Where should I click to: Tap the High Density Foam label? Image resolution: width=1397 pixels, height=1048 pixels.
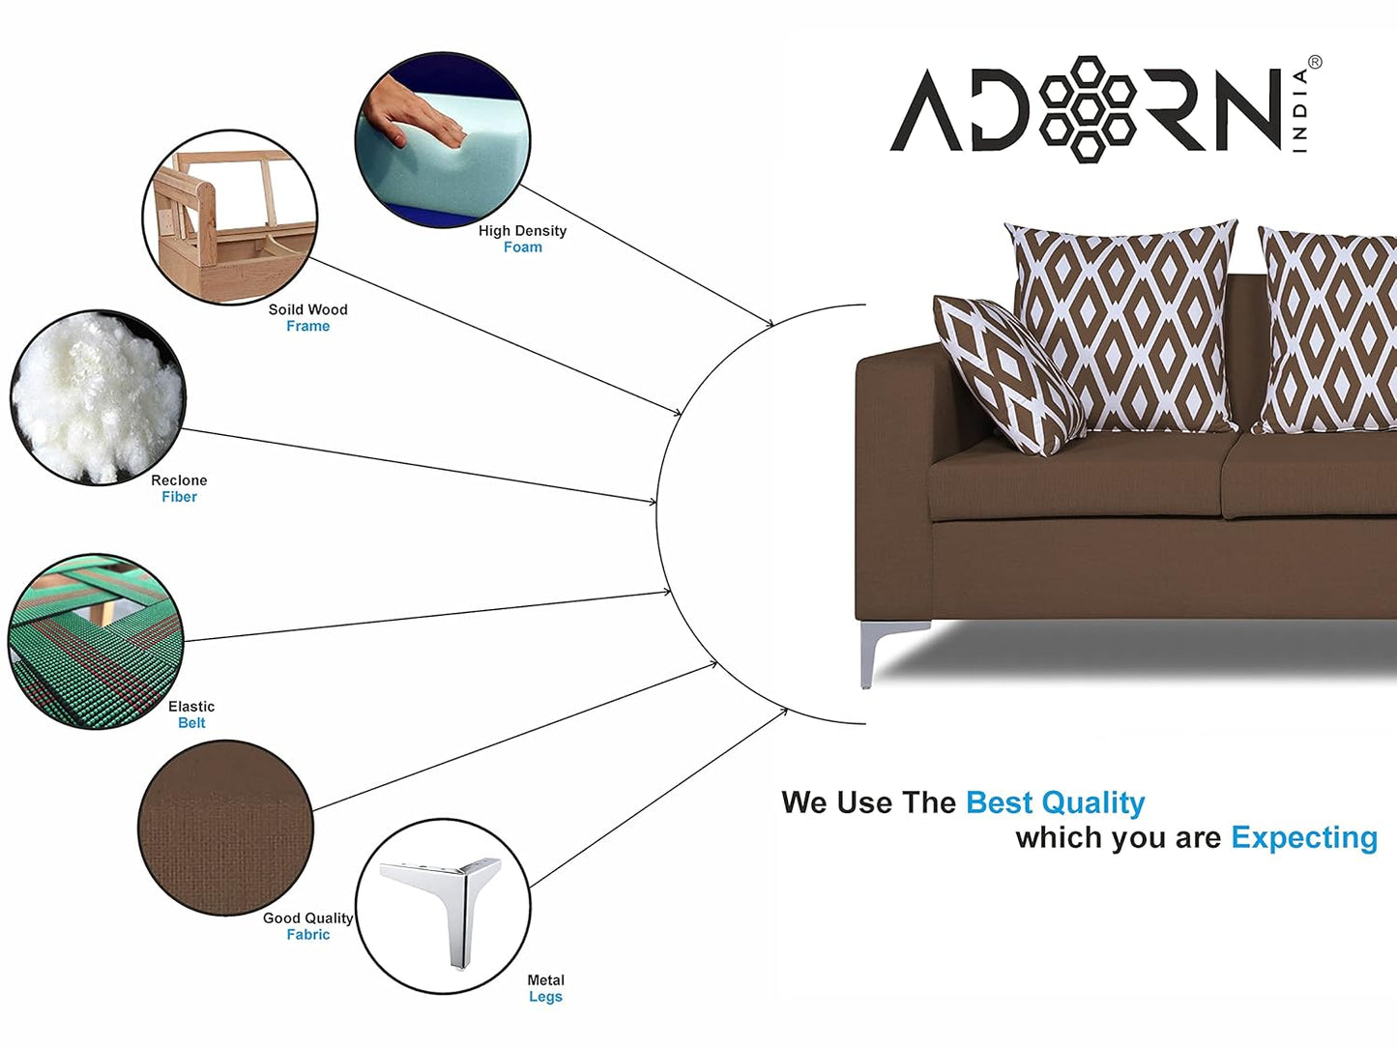coord(522,239)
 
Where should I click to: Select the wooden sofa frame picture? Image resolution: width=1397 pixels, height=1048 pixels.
coord(230,218)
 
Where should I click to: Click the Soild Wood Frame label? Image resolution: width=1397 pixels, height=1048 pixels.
coord(307,318)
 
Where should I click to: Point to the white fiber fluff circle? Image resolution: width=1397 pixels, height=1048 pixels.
coord(97,396)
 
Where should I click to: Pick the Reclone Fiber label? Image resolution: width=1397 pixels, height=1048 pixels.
coord(179,488)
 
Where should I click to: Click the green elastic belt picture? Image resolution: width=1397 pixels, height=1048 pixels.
coord(95,641)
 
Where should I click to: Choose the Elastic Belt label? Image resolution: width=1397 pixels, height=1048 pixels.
coord(191,714)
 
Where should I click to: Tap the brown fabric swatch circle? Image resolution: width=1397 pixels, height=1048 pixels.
coord(225,828)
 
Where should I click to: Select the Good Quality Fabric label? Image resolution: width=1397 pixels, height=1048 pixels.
coord(307,926)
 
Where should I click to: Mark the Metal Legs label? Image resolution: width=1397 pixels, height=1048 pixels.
coord(545,988)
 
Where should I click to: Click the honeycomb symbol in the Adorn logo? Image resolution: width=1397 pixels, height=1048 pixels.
coord(1088,108)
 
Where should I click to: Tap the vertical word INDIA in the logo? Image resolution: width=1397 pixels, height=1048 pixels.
coord(1300,110)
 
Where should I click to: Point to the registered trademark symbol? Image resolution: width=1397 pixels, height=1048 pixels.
coord(1314,63)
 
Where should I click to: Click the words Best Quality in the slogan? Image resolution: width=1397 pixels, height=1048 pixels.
coord(1055,802)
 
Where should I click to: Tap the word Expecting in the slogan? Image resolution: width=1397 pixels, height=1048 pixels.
coord(1303,837)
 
